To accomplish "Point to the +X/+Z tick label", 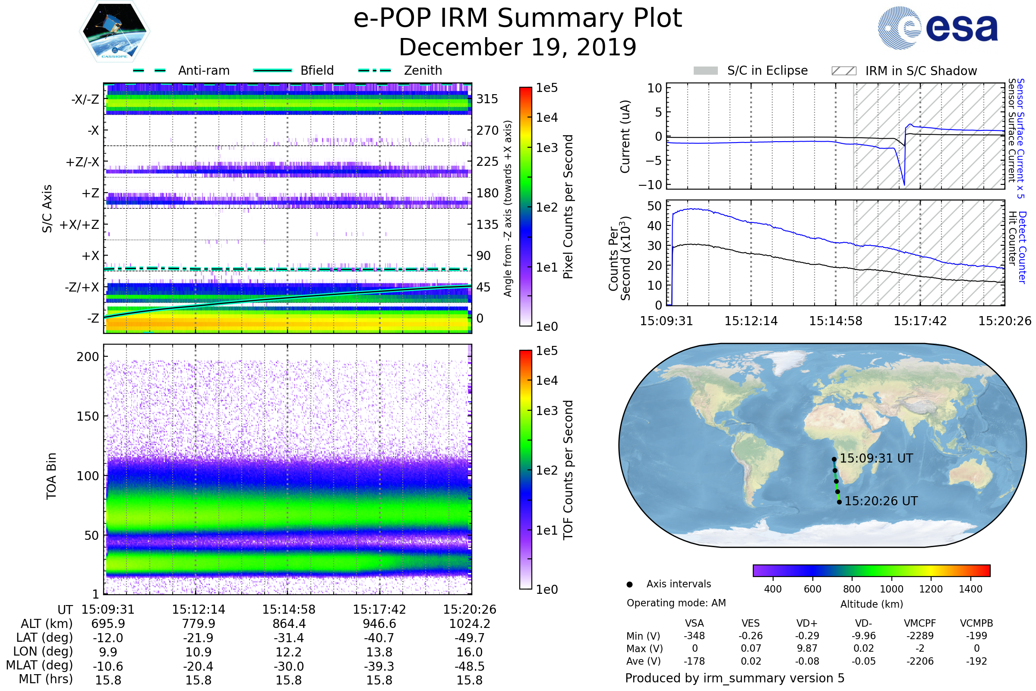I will [79, 225].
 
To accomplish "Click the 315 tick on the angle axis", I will [487, 99].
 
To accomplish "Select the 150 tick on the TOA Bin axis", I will [88, 416].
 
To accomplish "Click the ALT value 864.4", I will [288, 624].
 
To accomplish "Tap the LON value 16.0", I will [470, 652].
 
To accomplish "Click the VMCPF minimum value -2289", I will [920, 636].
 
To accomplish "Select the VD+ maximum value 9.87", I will [807, 648].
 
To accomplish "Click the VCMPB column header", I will [976, 623].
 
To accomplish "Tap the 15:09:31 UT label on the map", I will [876, 458].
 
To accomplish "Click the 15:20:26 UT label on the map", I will [881, 501].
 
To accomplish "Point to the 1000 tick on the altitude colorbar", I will [891, 589].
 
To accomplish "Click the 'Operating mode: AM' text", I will [676, 603].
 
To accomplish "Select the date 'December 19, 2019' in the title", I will [518, 47].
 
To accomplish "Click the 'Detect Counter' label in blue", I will [1022, 247].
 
